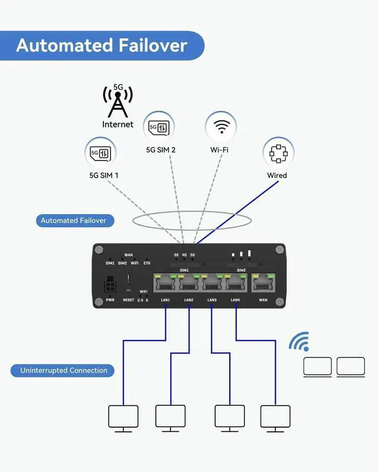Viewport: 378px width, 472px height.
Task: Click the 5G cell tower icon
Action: coord(118,101)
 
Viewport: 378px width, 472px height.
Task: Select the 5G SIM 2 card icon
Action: coord(159,126)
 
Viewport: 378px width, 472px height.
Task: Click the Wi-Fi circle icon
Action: coord(221,126)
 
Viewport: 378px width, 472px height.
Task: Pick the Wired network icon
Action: coord(278,153)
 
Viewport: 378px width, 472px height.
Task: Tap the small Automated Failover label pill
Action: coord(73,221)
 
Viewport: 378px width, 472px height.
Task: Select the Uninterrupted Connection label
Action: coord(64,371)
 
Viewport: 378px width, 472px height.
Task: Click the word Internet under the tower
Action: coord(118,124)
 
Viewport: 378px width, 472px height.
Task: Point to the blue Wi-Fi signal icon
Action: coord(299,342)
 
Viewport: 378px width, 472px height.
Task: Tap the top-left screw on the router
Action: coord(99,250)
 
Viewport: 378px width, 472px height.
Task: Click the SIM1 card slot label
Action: coord(184,270)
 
